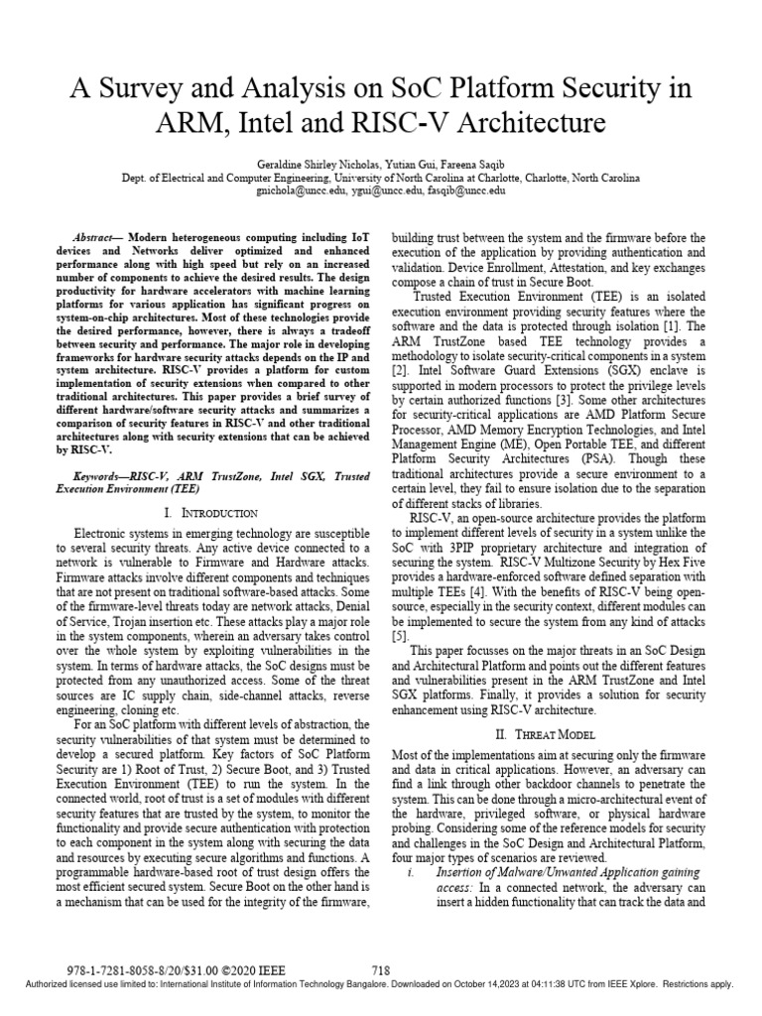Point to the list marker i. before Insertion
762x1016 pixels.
pyautogui.click(x=412, y=872)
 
